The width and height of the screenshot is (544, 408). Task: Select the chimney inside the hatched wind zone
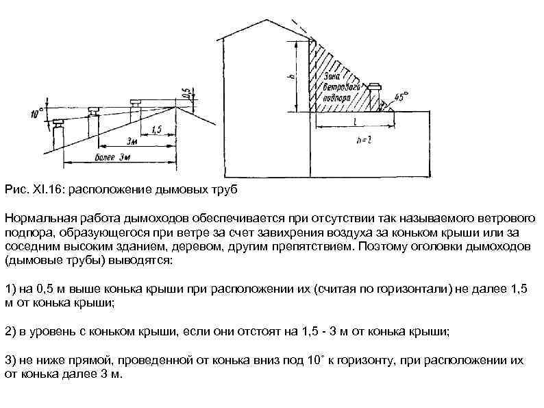tap(375, 95)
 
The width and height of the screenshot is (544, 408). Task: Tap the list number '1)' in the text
tap(10, 289)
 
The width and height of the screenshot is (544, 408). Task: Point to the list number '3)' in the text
tap(10, 360)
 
